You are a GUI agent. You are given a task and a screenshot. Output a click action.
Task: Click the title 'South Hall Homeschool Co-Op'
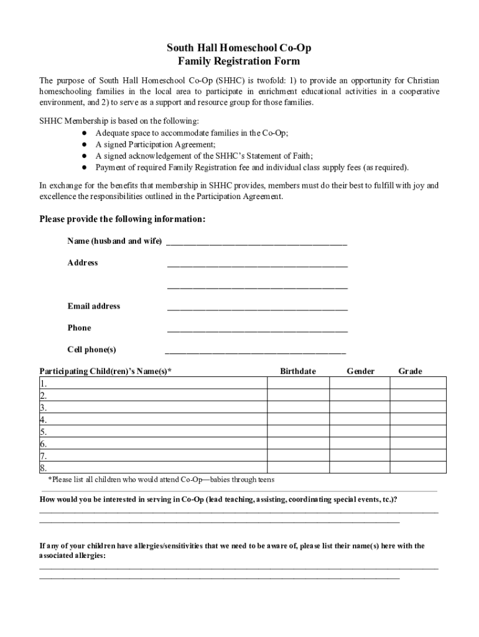(x=239, y=48)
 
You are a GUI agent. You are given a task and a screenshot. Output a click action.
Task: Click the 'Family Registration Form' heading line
(x=239, y=61)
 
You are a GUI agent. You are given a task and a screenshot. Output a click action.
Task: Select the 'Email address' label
(x=94, y=306)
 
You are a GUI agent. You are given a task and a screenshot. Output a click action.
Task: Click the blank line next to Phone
(x=257, y=329)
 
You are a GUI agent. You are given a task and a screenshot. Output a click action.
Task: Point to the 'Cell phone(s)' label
(x=91, y=349)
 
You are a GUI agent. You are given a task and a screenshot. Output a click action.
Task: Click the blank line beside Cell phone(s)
(x=255, y=350)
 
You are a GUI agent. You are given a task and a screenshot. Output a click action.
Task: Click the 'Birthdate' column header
(x=297, y=371)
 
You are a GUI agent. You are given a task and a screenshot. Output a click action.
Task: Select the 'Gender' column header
(x=360, y=371)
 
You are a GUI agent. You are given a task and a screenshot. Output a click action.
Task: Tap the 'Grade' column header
(x=410, y=371)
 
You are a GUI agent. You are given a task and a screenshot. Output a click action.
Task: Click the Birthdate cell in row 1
(x=298, y=383)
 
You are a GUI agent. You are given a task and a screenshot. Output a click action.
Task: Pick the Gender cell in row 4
(x=360, y=419)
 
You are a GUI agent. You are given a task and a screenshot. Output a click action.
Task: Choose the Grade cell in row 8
(x=417, y=468)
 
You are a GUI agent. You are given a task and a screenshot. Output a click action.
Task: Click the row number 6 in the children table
(x=44, y=444)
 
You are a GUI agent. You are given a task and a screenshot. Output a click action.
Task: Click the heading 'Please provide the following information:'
(x=123, y=219)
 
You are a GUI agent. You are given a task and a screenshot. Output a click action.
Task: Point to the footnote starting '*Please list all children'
(x=161, y=480)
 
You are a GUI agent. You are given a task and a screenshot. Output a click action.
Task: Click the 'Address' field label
(x=83, y=263)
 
